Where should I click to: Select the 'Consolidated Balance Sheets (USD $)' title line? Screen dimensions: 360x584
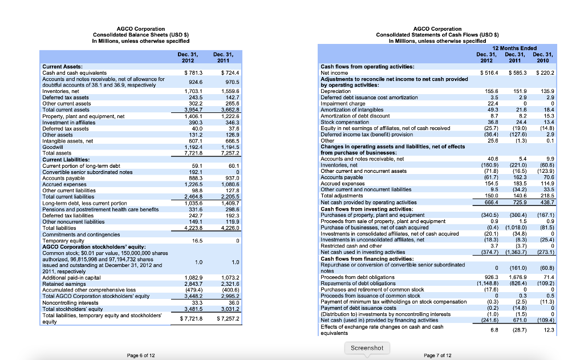point(140,35)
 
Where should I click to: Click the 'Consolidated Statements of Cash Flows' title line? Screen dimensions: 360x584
point(438,35)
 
